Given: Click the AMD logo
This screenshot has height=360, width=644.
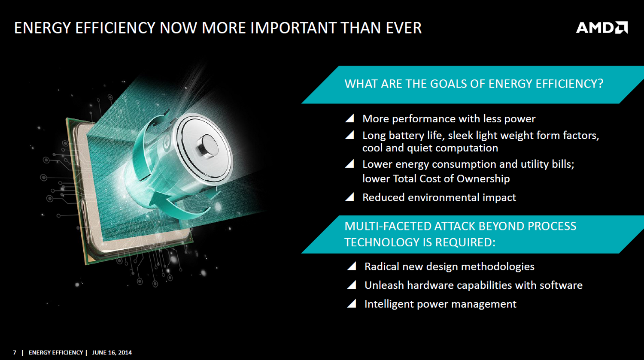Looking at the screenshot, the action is pos(602,27).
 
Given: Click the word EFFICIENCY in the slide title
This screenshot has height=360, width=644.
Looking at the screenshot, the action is pos(115,28).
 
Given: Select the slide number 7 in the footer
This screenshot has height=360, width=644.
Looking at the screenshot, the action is pos(15,353).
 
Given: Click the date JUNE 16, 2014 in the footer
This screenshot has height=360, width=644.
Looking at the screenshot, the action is pos(112,353).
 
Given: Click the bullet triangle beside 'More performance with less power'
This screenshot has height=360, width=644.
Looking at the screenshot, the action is pos(349,118).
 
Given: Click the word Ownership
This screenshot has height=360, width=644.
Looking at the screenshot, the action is pos(483,178).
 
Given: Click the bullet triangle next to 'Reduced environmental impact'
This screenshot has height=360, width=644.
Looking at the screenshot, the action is pos(349,197).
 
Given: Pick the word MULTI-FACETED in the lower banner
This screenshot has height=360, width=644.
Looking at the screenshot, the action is pos(388,226).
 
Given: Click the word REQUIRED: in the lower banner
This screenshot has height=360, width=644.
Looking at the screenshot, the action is pos(465,242).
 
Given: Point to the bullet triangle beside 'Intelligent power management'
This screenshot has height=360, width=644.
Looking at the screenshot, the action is pos(352,303).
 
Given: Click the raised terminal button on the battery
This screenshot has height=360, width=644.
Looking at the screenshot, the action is pos(207,146).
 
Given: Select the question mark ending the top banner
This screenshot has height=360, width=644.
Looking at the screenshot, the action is pos(600,84).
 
